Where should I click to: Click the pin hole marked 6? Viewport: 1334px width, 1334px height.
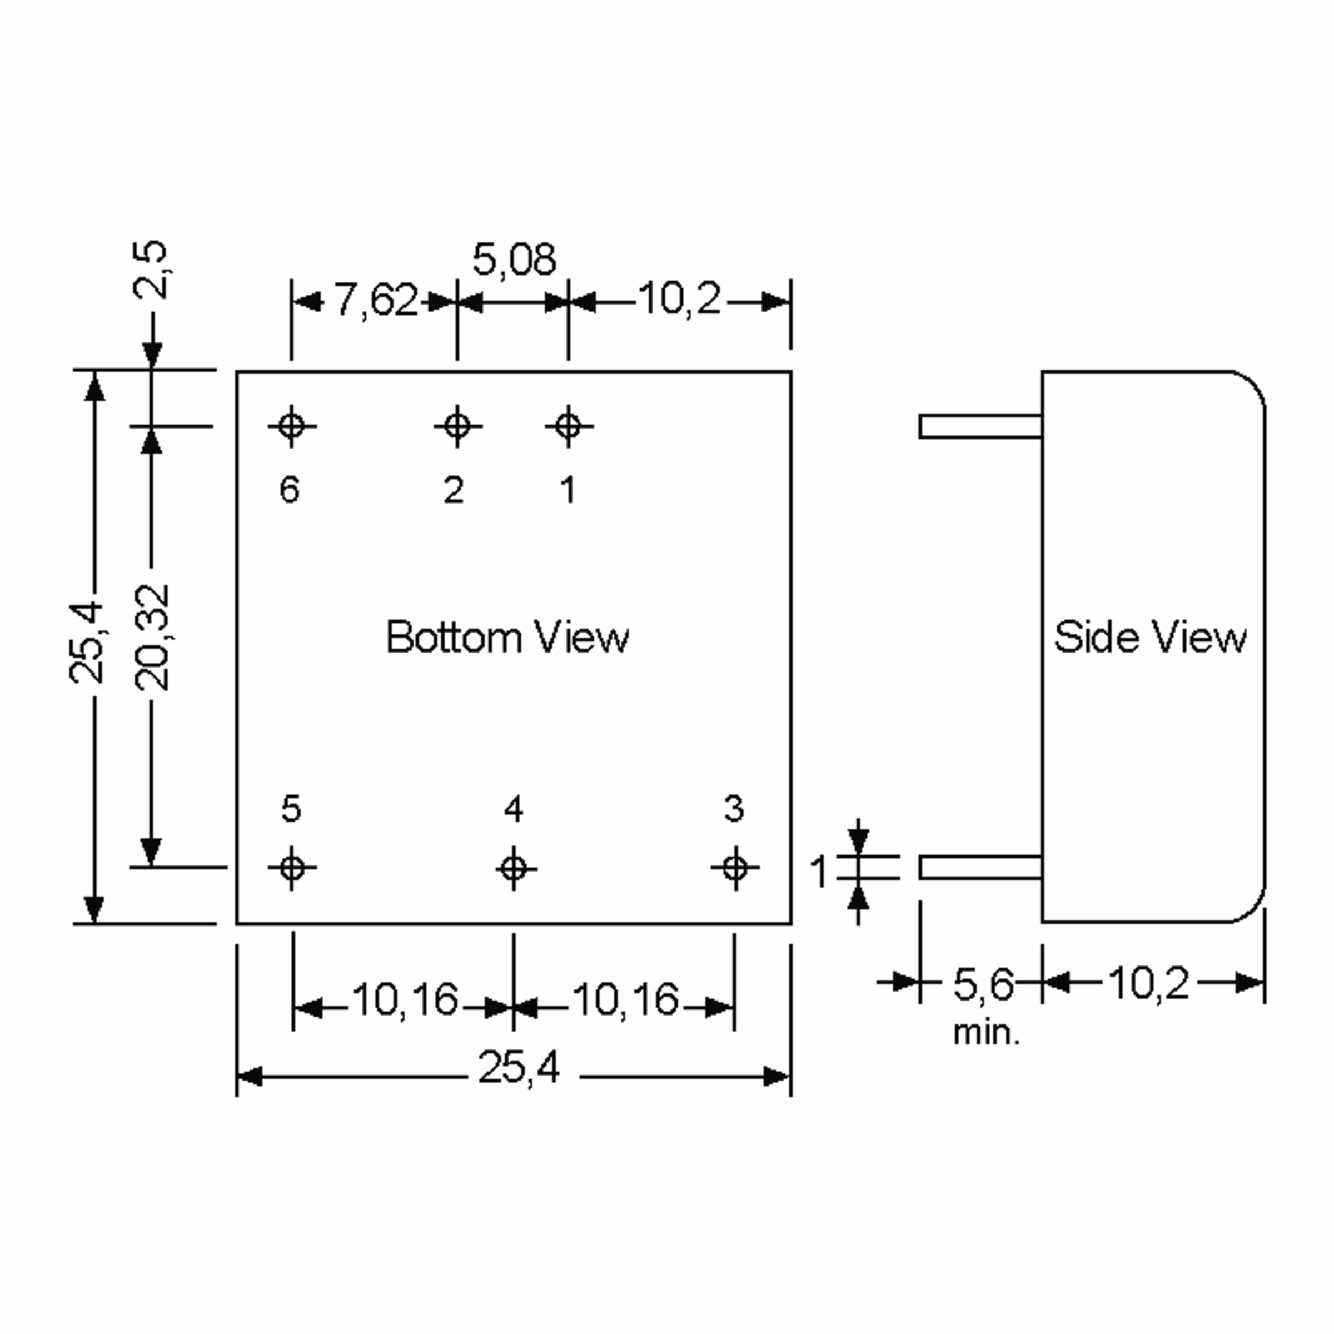point(291,426)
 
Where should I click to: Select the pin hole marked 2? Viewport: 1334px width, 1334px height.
point(457,426)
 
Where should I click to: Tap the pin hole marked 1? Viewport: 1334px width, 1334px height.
point(568,426)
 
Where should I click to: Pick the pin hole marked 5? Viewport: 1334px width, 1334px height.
point(292,867)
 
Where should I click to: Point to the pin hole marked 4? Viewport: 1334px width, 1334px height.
point(514,868)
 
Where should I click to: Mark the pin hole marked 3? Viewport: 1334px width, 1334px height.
point(735,867)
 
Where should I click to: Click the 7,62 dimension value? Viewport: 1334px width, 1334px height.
point(376,300)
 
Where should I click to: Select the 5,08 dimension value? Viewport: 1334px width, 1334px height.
point(514,260)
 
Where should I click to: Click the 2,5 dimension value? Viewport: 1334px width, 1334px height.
point(151,268)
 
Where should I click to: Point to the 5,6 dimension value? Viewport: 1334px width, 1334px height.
point(983,984)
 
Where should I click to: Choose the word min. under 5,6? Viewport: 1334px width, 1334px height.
point(986,1033)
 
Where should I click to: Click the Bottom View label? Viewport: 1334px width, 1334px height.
point(507,636)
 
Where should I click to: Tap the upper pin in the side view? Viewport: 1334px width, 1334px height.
point(980,426)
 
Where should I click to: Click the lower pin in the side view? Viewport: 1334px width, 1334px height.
point(980,867)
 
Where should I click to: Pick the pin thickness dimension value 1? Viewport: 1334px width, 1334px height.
point(819,872)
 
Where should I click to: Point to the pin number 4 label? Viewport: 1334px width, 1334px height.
point(513,809)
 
